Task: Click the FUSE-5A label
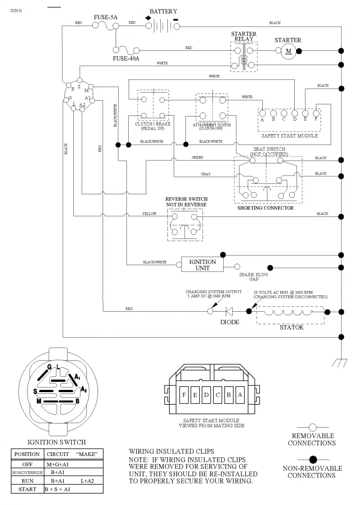[105, 18]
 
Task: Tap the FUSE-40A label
[126, 58]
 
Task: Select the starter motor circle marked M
[288, 51]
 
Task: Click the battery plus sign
[148, 18]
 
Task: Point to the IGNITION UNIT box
[202, 265]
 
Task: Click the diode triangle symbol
[229, 311]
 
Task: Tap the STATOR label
[291, 327]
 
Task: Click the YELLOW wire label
[149, 214]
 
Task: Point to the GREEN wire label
[197, 157]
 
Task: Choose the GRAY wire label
[206, 174]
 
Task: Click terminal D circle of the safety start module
[295, 113]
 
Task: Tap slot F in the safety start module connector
[184, 395]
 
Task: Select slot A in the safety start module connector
[240, 395]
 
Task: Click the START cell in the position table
[27, 489]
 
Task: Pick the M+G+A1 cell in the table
[58, 465]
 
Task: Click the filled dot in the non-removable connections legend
[313, 460]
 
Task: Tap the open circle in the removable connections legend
[313, 428]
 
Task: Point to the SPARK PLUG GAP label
[253, 277]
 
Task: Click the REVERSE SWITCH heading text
[186, 199]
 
